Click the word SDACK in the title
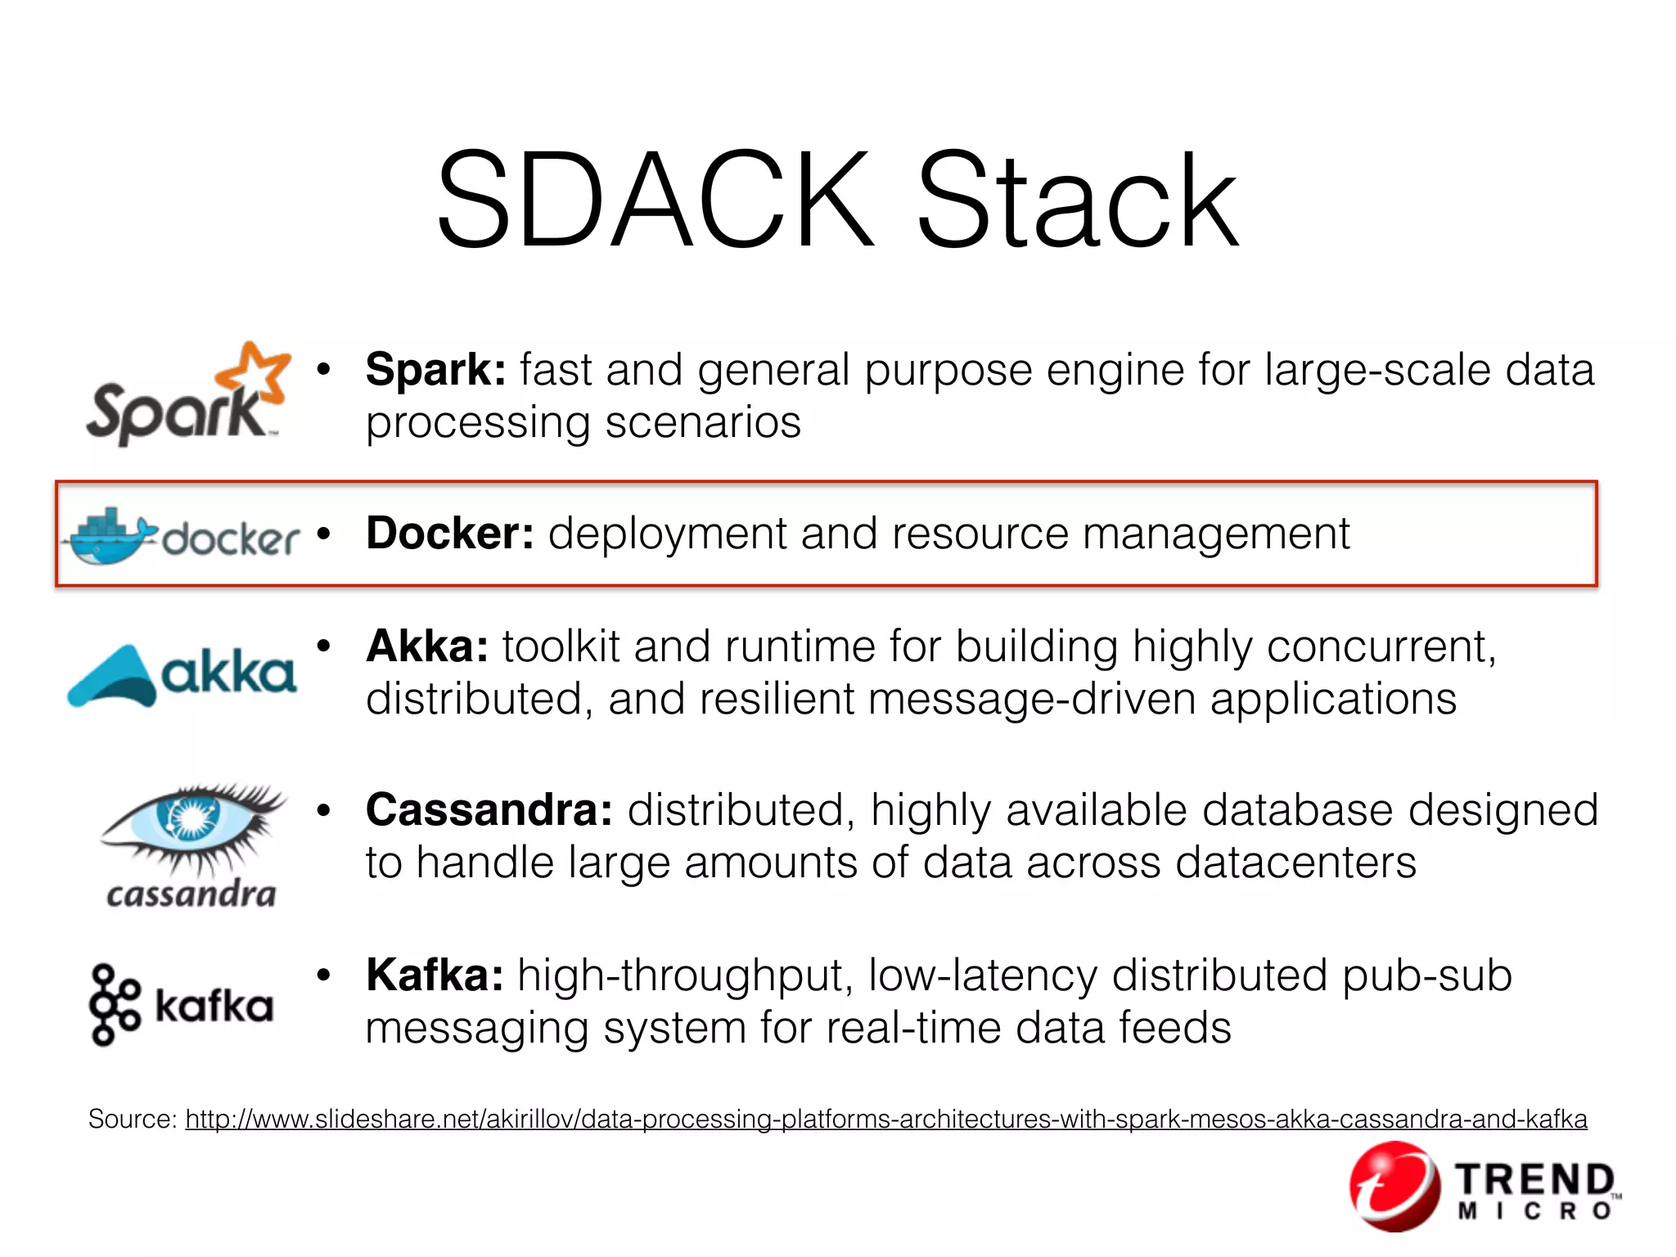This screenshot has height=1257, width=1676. point(655,200)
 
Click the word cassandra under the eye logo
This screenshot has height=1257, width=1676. point(191,894)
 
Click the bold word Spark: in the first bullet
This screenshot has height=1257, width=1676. point(435,370)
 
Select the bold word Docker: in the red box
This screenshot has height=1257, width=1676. point(450,534)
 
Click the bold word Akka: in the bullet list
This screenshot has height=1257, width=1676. point(427,647)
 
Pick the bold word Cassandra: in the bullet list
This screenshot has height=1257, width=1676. point(489,810)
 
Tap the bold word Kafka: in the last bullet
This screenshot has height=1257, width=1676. point(435,975)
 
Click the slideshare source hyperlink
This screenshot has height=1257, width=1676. point(885,1119)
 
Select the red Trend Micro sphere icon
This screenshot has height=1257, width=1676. point(1394,1186)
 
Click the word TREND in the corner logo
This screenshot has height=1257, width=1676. point(1535,1180)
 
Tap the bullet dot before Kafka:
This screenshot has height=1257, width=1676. point(324,975)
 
